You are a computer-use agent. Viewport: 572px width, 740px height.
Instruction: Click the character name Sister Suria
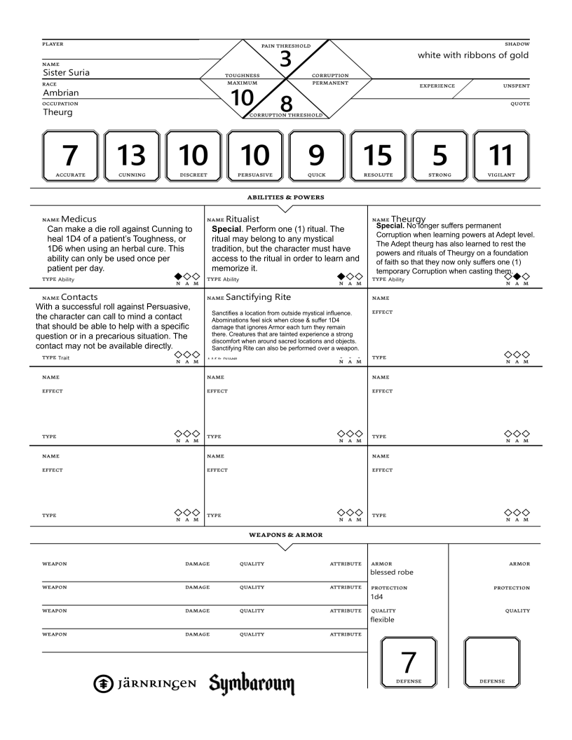click(69, 72)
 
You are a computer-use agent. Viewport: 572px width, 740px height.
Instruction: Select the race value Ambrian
click(63, 92)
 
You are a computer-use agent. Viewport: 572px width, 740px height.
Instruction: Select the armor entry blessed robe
click(392, 572)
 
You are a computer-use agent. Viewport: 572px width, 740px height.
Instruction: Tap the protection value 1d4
click(378, 596)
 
